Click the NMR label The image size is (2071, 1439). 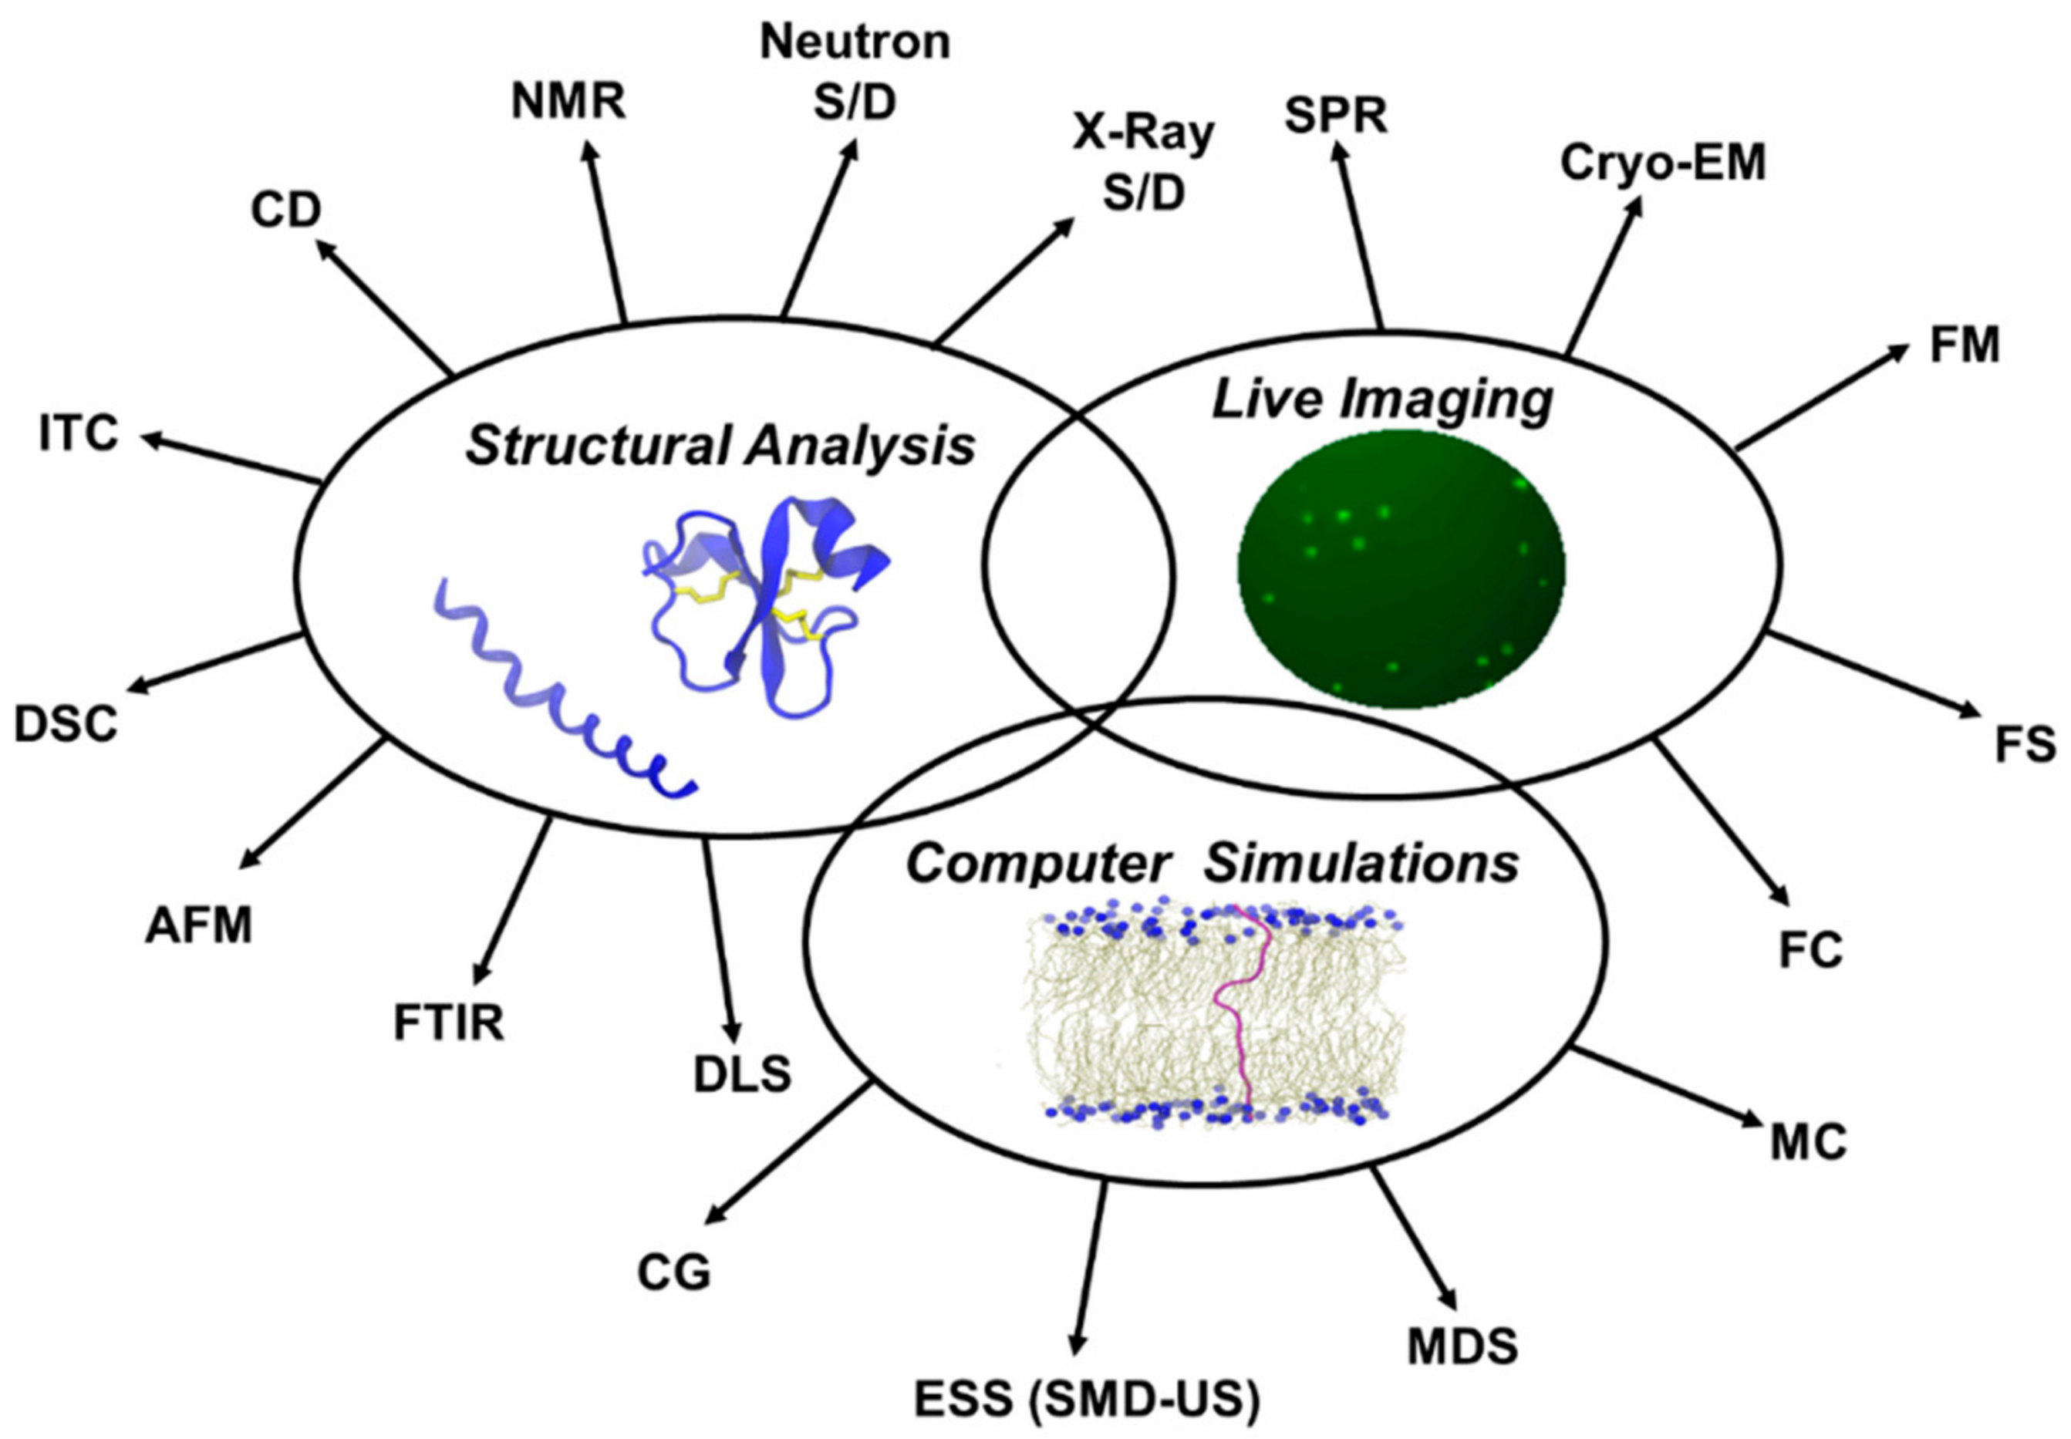(x=568, y=102)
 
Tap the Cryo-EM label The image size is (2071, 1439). (x=1662, y=164)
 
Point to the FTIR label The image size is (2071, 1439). (x=448, y=1023)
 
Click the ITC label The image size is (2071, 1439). (x=79, y=433)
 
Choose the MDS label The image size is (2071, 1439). (x=1462, y=1346)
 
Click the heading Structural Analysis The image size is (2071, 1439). (x=720, y=446)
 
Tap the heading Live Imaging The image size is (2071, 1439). (x=1381, y=399)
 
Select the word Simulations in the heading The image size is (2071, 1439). (x=1361, y=863)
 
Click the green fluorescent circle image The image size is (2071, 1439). (x=1400, y=569)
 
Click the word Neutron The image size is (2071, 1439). (x=855, y=42)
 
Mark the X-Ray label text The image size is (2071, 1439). (x=1143, y=134)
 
